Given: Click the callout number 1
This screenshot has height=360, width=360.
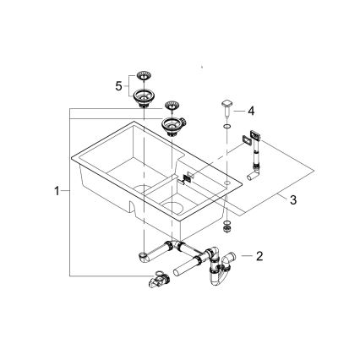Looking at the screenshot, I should (x=57, y=191).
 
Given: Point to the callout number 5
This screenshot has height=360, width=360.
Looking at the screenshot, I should (x=120, y=85).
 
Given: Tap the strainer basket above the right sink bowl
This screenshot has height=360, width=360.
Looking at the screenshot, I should (x=172, y=106).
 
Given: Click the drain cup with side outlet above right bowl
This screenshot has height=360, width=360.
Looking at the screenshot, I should (x=173, y=127).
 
